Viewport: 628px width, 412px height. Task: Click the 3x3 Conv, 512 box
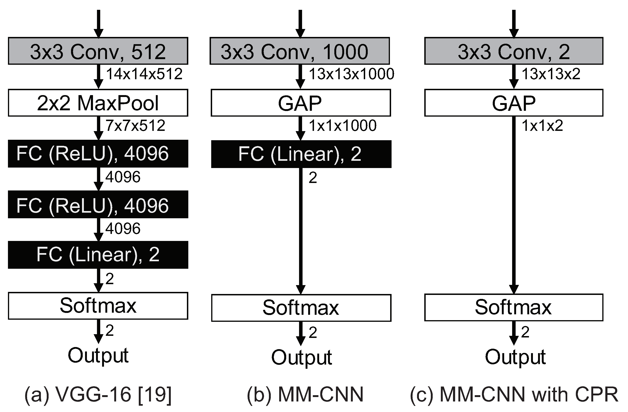[x=98, y=51]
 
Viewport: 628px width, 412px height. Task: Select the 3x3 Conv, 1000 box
[x=300, y=51]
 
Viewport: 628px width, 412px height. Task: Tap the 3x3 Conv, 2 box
[x=514, y=51]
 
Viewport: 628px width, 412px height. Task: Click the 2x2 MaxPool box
[x=98, y=103]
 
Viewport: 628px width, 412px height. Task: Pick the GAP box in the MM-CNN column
[x=300, y=103]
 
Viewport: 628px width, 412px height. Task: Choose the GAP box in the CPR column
[x=514, y=103]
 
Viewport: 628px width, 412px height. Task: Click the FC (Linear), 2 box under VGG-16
[x=98, y=255]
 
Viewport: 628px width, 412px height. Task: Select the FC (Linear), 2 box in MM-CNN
[x=301, y=154]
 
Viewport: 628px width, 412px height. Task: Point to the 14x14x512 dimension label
[x=144, y=74]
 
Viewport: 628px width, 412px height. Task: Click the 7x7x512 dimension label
[x=135, y=126]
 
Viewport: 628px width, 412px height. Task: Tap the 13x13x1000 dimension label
[x=351, y=74]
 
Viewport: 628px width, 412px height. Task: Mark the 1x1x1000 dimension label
[x=343, y=126]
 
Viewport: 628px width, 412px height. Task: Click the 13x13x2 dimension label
[x=551, y=74]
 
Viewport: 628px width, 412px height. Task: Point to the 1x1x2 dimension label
[x=542, y=126]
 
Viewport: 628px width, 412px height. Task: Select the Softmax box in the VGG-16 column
[x=98, y=306]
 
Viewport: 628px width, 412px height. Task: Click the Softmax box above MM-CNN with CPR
[x=514, y=308]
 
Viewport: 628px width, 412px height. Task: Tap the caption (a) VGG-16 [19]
[x=98, y=394]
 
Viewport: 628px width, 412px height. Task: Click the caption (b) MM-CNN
[x=305, y=394]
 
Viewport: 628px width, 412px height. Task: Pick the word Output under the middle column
[x=301, y=357]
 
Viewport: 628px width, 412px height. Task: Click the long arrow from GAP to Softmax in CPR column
[x=514, y=206]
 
